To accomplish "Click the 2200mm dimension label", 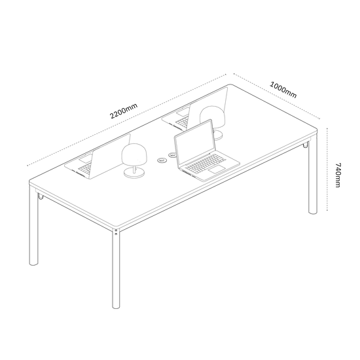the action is tap(124, 111).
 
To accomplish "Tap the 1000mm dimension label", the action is tap(283, 90).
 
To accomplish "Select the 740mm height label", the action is tap(338, 175).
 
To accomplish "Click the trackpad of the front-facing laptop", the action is tap(217, 169).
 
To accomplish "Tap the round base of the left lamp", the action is tap(134, 172).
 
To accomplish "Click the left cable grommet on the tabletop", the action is tap(162, 160).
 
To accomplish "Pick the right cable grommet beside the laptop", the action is tap(172, 155).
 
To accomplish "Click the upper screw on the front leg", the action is tap(116, 230).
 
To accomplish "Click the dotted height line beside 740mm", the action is tap(327, 170).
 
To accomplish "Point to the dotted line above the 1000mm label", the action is tap(277, 96).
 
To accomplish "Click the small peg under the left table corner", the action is tap(41, 196).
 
